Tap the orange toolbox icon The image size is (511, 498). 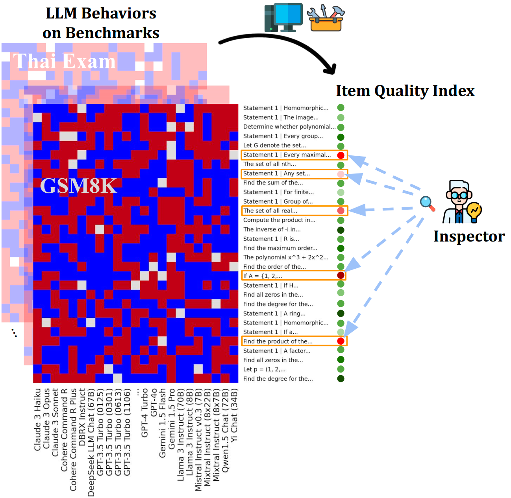326,19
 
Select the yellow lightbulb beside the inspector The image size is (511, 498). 474,211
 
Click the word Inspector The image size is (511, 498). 469,236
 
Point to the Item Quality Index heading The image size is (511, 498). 405,91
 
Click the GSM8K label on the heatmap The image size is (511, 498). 78,186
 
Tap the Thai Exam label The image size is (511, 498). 65,61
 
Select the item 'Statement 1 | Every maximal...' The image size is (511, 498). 287,155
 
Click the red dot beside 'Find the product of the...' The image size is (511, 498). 341,341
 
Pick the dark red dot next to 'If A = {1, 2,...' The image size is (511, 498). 341,275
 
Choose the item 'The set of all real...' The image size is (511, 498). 270,211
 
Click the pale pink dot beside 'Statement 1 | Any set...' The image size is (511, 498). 341,174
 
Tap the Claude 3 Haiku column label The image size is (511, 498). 38,419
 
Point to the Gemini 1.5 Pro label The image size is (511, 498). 172,419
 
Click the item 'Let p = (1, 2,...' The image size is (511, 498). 264,369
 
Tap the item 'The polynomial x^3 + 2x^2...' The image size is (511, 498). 286,257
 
